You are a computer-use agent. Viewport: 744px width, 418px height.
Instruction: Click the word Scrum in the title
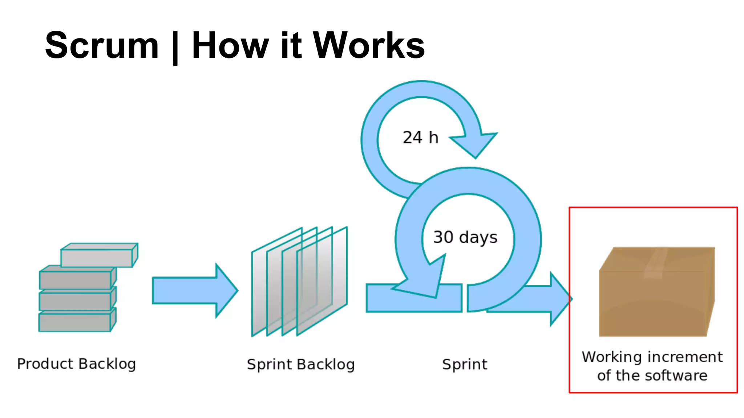click(x=102, y=45)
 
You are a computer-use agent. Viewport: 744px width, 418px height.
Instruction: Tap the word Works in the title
click(x=368, y=45)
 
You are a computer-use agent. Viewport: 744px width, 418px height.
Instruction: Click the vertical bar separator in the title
click(x=175, y=47)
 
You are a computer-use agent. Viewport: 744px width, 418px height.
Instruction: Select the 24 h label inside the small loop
click(x=420, y=138)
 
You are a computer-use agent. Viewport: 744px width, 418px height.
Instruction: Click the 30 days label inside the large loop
click(x=465, y=237)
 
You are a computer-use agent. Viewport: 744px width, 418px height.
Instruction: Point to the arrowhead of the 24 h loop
click(x=474, y=143)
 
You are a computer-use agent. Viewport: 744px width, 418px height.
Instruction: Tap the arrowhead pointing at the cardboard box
click(x=559, y=299)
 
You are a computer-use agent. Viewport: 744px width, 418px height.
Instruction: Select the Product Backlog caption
click(x=76, y=364)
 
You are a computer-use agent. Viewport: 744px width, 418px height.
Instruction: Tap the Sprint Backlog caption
click(x=300, y=365)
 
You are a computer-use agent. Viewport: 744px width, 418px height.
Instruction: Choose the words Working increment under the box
click(x=652, y=357)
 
